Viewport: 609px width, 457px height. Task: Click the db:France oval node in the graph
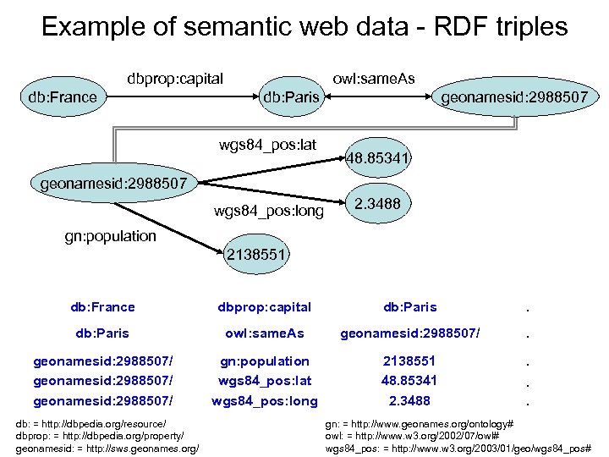point(63,97)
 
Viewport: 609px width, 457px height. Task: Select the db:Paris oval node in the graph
point(291,97)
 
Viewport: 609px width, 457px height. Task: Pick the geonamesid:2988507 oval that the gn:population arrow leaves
point(113,181)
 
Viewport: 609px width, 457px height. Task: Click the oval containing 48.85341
point(377,157)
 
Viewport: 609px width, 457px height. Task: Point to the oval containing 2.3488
point(377,204)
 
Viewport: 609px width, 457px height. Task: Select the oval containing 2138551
point(258,254)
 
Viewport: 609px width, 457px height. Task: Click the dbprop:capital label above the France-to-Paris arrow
point(175,79)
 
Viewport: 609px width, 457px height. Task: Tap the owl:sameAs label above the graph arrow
point(374,79)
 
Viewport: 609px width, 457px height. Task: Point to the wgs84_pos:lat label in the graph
point(267,145)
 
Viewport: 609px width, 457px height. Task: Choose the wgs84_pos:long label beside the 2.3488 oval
point(268,211)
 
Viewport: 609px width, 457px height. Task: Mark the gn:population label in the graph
point(111,236)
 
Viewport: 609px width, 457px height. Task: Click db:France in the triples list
point(102,307)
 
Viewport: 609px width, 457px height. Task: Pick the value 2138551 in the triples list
point(409,361)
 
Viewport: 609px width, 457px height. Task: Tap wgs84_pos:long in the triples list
point(265,400)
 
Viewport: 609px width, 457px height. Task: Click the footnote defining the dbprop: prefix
point(99,435)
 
